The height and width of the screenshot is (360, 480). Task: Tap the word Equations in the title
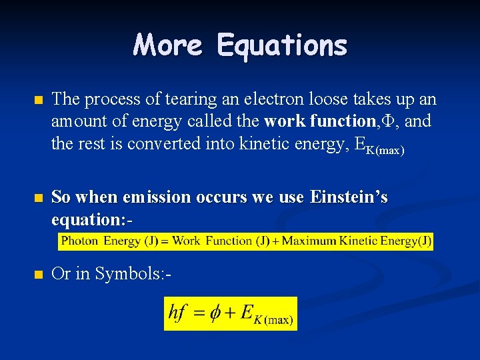(281, 45)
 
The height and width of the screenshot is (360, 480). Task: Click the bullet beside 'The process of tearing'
(38, 100)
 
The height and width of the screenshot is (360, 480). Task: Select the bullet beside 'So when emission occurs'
(38, 198)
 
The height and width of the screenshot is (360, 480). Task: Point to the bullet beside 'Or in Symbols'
(38, 274)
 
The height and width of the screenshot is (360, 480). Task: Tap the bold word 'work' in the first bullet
(283, 122)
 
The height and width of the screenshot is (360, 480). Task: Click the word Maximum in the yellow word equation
(310, 241)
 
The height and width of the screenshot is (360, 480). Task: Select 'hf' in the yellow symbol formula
(177, 313)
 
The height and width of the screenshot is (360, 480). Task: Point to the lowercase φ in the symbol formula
(215, 313)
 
